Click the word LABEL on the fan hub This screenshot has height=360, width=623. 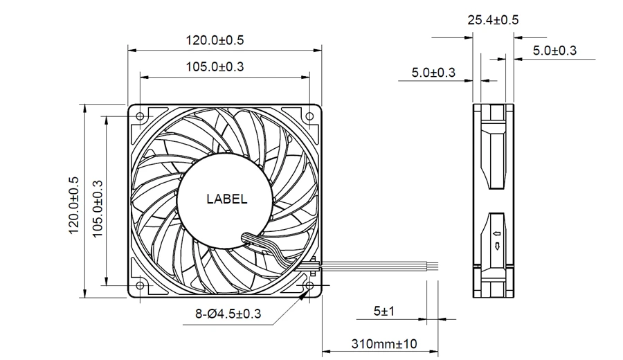226,199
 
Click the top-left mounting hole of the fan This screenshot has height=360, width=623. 140,116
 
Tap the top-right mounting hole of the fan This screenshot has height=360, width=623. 309,116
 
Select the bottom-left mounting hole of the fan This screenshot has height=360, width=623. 140,285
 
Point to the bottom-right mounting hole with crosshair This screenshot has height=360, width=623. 309,285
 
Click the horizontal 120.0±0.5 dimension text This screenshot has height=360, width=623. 215,40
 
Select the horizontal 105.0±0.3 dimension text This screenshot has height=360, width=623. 215,66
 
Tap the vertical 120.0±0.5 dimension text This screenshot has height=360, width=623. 74,206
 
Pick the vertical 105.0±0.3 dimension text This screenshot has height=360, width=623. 98,209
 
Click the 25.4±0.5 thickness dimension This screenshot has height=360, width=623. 493,20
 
